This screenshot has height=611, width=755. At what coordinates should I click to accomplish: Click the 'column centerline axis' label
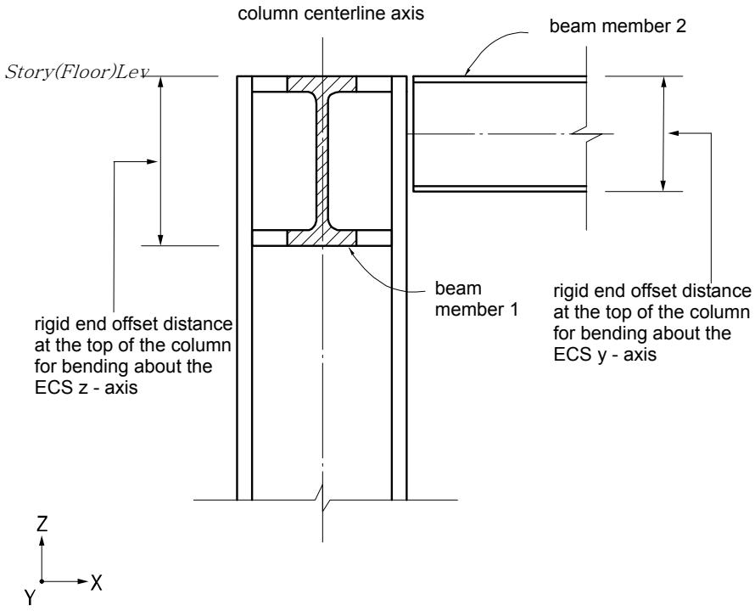(331, 13)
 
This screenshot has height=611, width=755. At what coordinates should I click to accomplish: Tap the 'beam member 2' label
(618, 26)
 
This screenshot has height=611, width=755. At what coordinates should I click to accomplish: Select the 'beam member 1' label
(476, 299)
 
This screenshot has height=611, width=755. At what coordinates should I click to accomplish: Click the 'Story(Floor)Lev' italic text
(77, 72)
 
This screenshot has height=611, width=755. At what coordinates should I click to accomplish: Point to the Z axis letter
(42, 524)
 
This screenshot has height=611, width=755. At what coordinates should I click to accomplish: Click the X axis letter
(97, 583)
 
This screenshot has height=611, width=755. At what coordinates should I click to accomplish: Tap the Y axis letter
(30, 597)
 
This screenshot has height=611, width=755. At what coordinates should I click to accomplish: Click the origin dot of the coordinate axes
(42, 581)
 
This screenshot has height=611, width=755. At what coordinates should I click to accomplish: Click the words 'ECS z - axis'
(87, 388)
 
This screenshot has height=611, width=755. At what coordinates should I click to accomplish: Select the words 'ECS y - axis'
(605, 355)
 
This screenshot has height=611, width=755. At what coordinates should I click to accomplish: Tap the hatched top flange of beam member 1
(322, 84)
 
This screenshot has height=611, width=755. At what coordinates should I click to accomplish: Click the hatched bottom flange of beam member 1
(322, 238)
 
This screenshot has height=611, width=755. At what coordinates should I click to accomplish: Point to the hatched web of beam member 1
(322, 161)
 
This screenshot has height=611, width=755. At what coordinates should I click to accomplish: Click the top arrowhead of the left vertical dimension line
(161, 82)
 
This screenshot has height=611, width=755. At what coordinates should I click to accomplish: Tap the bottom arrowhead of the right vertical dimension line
(663, 186)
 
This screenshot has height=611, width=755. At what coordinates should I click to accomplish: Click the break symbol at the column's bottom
(322, 500)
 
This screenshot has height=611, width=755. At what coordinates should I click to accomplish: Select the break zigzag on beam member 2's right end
(586, 134)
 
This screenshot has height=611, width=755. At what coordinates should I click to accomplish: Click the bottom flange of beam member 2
(500, 188)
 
